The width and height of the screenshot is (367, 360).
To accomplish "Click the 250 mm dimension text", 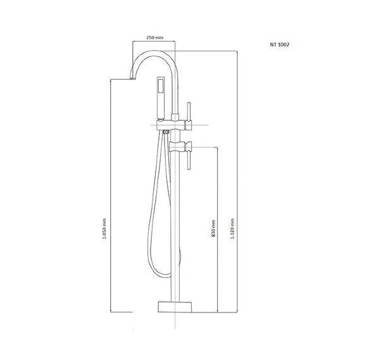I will click(154, 39).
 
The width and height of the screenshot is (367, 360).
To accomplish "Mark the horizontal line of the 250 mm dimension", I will click(154, 42).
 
